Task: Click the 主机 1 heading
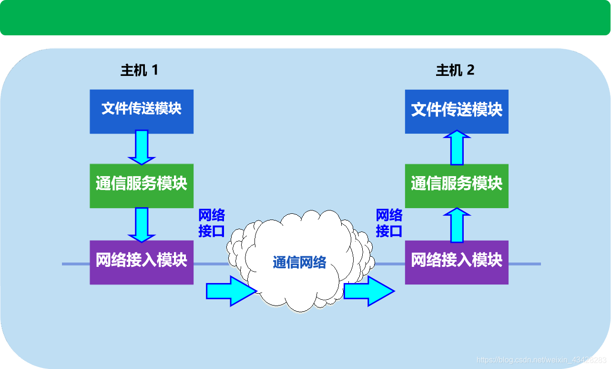[139, 71]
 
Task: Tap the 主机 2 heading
[455, 71]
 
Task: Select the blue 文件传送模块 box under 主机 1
[142, 111]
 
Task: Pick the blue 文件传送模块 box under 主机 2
[457, 111]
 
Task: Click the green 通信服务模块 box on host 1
[142, 186]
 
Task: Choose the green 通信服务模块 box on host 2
[457, 186]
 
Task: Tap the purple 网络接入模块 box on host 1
[142, 262]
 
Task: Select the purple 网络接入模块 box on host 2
[457, 262]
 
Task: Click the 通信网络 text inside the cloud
[299, 262]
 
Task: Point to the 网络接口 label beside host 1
[212, 223]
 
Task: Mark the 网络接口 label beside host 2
[389, 223]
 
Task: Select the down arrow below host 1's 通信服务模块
[142, 224]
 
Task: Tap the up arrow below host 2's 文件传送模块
[457, 148]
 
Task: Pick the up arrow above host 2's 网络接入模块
[457, 225]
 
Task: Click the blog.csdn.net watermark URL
[541, 359]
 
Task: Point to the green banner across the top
[305, 18]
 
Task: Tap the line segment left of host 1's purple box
[76, 264]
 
